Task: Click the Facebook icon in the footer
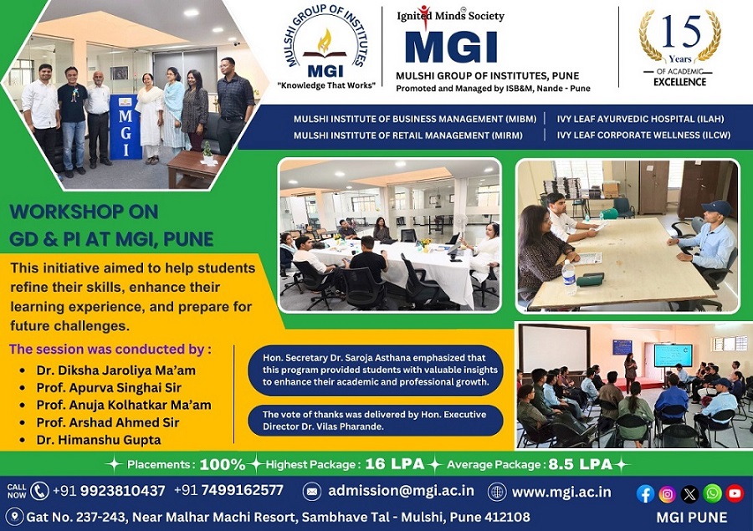(645, 493)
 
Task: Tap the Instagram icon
(667, 493)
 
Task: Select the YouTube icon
(735, 493)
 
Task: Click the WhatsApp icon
(712, 493)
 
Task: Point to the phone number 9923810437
(122, 491)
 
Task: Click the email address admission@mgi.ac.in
(401, 491)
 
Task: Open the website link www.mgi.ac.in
(561, 492)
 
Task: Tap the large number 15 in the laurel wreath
(680, 31)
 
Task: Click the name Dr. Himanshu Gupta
(99, 440)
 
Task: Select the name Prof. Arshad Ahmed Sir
(108, 422)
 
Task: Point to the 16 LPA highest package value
(395, 464)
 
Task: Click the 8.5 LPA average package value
(580, 464)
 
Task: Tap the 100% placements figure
(223, 464)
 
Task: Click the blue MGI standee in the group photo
(125, 127)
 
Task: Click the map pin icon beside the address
(15, 517)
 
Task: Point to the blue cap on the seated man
(715, 208)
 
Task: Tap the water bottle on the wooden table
(569, 278)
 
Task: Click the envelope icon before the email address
(312, 492)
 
